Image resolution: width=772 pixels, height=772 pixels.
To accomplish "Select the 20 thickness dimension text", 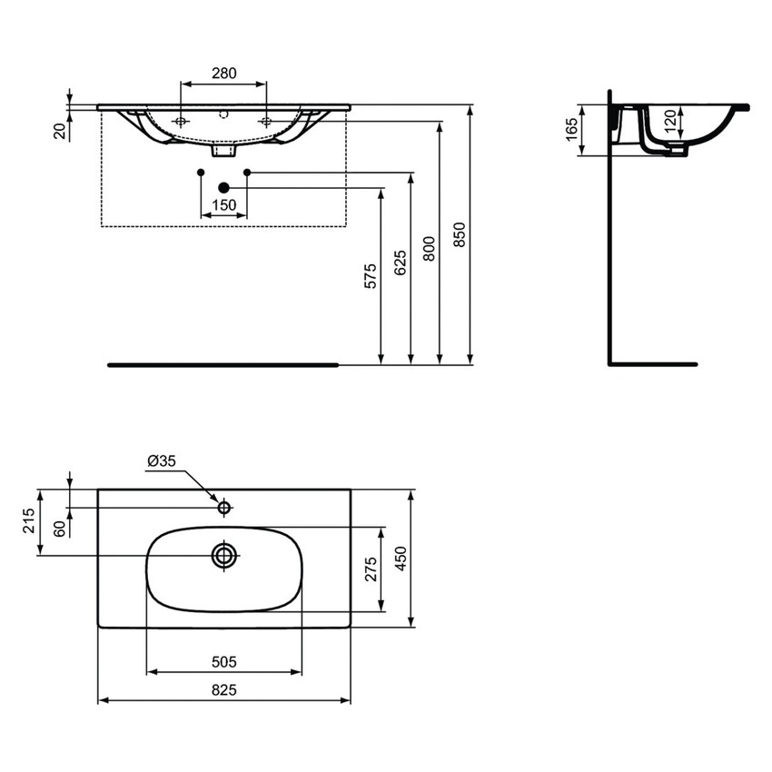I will point(60,132).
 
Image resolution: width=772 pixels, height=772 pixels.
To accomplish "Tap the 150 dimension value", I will point(223,205).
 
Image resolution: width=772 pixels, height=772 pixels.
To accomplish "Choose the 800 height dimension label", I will point(430,248).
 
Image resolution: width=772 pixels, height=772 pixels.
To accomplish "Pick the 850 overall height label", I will point(460,235).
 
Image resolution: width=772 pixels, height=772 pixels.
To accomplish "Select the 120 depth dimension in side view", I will point(669,121).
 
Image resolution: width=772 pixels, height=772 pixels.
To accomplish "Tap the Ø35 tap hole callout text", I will point(161,461).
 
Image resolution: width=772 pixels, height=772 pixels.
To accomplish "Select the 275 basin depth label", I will point(371,569).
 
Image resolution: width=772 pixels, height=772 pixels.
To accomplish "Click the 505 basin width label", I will point(223,662).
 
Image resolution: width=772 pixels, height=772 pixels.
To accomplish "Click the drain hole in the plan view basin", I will point(223,555).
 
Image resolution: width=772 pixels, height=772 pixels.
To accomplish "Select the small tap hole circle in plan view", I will point(223,507).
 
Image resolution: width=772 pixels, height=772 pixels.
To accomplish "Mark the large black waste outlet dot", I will point(223,188).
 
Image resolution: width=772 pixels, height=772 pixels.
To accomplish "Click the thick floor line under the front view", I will point(223,365).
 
